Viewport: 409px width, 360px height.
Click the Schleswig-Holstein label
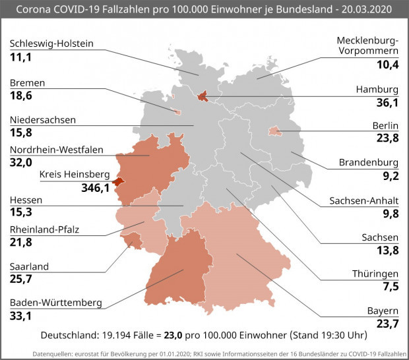point(51,44)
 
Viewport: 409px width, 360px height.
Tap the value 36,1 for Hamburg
point(386,103)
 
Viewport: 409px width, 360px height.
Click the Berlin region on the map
point(275,132)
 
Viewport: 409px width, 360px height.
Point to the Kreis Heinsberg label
point(73,175)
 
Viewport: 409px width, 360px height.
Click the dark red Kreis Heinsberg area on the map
point(118,181)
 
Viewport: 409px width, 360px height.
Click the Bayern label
point(383,311)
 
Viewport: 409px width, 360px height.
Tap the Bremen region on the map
point(177,112)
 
